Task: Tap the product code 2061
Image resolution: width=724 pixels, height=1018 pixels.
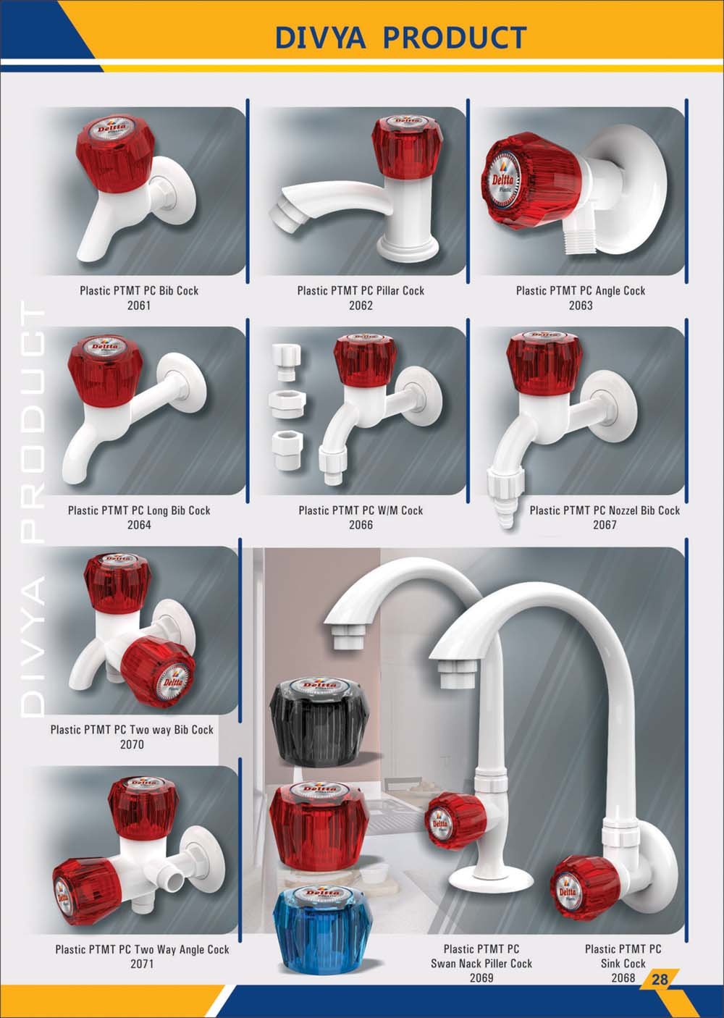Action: click(x=138, y=306)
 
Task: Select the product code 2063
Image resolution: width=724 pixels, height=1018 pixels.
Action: click(x=581, y=306)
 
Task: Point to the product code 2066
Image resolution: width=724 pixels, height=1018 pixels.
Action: click(x=361, y=525)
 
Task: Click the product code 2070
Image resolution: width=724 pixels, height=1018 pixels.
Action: click(x=132, y=744)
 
